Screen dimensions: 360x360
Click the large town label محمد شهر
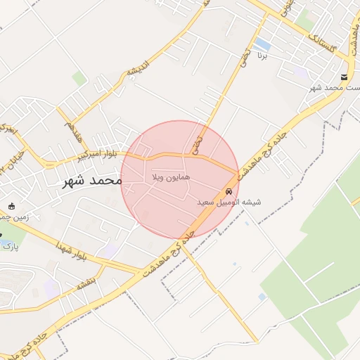92,181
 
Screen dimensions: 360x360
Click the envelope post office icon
343,77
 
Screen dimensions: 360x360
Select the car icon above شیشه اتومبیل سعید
229,191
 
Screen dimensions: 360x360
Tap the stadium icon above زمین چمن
12,206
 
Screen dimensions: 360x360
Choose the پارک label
9,246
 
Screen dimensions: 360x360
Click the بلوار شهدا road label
73,252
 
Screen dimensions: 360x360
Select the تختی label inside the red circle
197,144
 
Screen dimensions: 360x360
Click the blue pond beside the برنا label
262,44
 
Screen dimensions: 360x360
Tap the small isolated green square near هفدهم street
79,78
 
